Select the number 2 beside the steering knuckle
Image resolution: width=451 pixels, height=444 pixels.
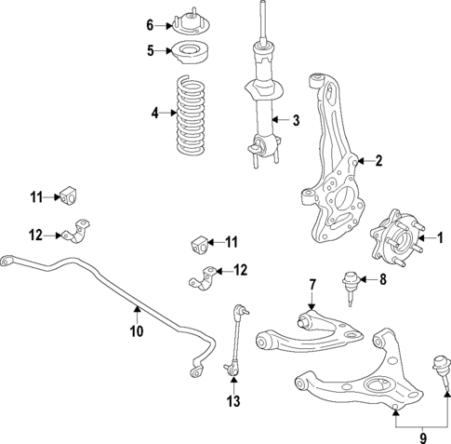pos(378,161)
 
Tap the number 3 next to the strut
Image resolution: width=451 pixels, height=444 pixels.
pos(296,120)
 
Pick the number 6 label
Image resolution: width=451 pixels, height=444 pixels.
pos(149,24)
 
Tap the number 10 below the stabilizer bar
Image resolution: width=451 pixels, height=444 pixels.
pos(136,329)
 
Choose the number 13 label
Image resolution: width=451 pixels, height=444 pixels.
pos(232,401)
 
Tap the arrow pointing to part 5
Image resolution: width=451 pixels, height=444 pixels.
pos(165,50)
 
